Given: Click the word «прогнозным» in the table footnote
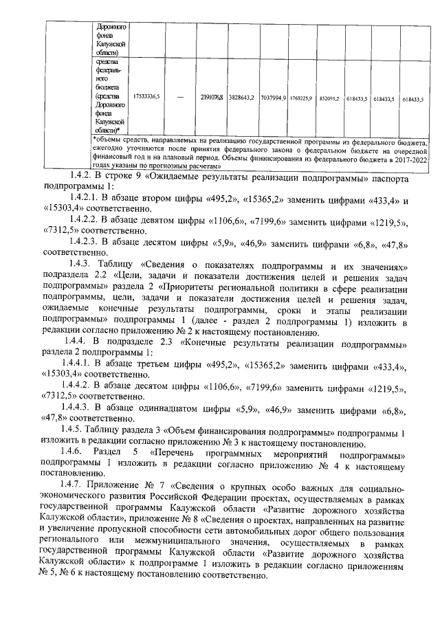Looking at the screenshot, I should (168, 166).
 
